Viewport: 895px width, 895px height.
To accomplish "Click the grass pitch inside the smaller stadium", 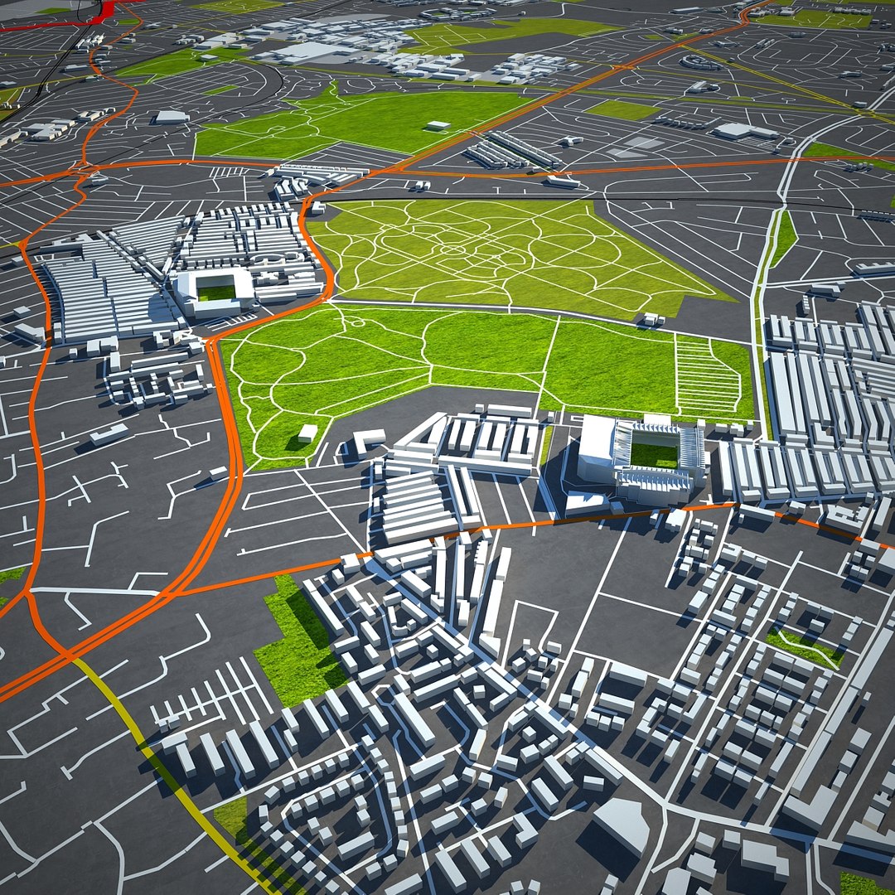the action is pyautogui.click(x=215, y=292).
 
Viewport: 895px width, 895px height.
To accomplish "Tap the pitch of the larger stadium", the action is pyautogui.click(x=654, y=454).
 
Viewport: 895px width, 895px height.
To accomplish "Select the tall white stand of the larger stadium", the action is pyautogui.click(x=597, y=447).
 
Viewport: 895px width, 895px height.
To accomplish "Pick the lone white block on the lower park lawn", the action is pyautogui.click(x=307, y=432).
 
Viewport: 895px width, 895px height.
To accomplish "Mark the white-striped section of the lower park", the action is pyautogui.click(x=707, y=377).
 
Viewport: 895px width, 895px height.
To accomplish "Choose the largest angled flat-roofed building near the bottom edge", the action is pyautogui.click(x=621, y=825).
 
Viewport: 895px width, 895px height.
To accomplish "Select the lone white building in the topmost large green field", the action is pyautogui.click(x=438, y=126).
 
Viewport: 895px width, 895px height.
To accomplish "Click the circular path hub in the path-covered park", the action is pyautogui.click(x=452, y=249).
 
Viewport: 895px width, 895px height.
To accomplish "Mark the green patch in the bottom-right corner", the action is pyautogui.click(x=866, y=883).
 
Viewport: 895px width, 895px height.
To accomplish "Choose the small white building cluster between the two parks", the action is pyautogui.click(x=652, y=319).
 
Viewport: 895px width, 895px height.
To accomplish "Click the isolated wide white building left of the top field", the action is pyautogui.click(x=172, y=117).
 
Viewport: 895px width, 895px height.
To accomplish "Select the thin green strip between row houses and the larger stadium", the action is pyautogui.click(x=547, y=443).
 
